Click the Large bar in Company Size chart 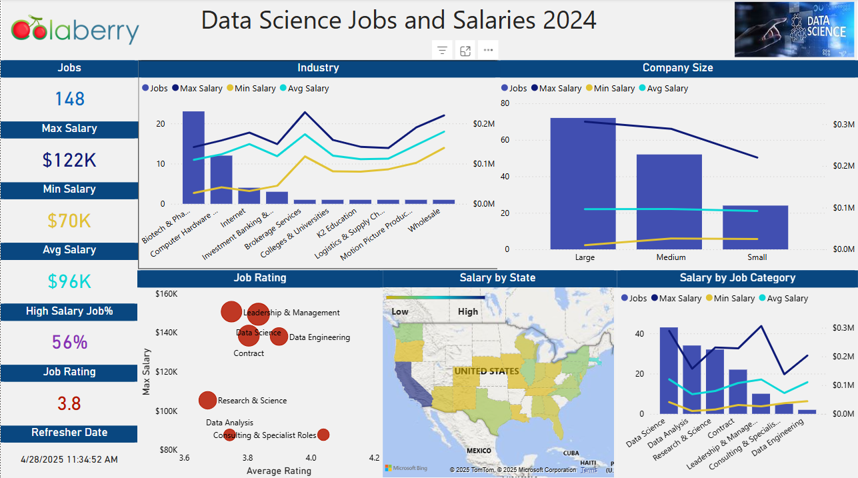[x=583, y=183]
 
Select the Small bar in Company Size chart [x=755, y=227]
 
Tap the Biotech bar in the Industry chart [x=193, y=157]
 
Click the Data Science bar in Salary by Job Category [x=668, y=370]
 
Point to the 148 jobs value [x=70, y=99]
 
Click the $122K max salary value [x=69, y=160]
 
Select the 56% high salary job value [x=69, y=343]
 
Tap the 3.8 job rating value [x=69, y=403]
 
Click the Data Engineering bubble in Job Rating [x=279, y=336]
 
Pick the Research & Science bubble [x=208, y=400]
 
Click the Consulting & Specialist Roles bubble [x=323, y=435]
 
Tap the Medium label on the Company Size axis [x=671, y=257]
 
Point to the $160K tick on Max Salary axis [x=165, y=293]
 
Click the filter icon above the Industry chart [x=442, y=51]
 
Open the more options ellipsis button [x=489, y=51]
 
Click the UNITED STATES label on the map [x=486, y=371]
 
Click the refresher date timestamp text [x=69, y=459]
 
